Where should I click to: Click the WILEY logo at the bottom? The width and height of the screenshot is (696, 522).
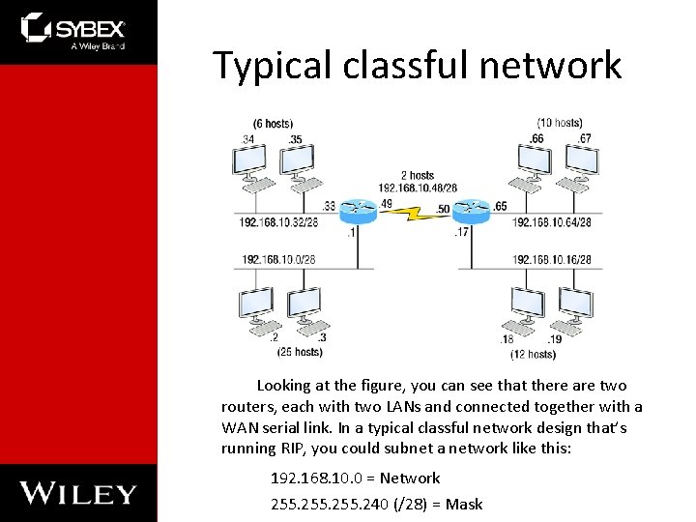(x=78, y=492)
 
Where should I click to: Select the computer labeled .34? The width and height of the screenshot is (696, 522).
(x=256, y=161)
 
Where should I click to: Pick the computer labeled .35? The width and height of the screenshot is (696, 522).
(x=297, y=161)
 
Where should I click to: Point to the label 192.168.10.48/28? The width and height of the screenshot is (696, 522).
(x=417, y=188)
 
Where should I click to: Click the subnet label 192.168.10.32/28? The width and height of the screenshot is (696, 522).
(x=279, y=222)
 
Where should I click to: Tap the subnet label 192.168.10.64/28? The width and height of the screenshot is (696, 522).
(x=552, y=222)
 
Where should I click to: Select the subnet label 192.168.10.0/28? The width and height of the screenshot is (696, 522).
(x=278, y=259)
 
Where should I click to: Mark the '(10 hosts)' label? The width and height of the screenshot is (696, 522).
(x=560, y=123)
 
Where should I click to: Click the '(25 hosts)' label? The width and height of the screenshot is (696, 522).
(x=300, y=352)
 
